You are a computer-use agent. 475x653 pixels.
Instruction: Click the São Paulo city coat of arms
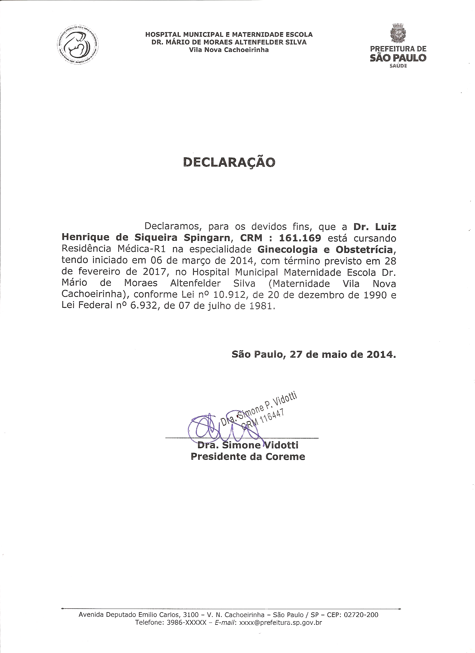click(x=398, y=33)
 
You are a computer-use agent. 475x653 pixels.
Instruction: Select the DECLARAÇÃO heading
click(x=229, y=162)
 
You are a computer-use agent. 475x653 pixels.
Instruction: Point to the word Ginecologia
click(x=288, y=249)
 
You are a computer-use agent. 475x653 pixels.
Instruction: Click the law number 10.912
click(x=229, y=295)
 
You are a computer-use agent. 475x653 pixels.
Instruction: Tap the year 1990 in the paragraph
click(x=375, y=295)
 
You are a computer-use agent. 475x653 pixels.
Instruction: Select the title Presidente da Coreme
click(x=248, y=456)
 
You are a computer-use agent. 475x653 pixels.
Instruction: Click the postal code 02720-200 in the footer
click(x=361, y=615)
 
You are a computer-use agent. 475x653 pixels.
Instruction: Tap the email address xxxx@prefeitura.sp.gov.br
click(x=280, y=623)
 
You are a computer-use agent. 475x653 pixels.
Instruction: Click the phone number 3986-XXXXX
click(x=186, y=623)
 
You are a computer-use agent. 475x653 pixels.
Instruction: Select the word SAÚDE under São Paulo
click(x=398, y=66)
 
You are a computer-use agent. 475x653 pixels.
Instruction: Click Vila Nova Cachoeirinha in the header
click(x=229, y=50)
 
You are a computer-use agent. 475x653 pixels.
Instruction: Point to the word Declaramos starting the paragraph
click(x=173, y=226)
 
